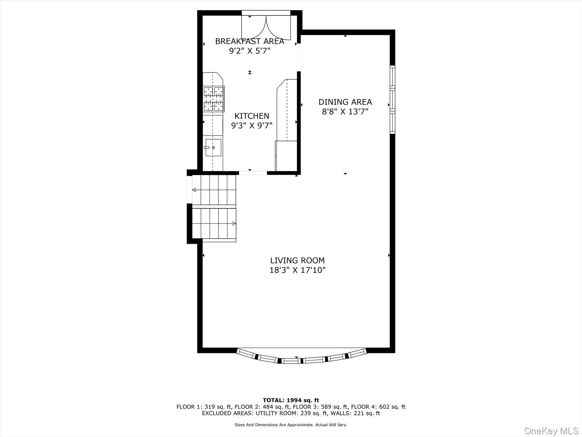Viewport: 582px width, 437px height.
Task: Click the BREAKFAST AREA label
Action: [250, 41]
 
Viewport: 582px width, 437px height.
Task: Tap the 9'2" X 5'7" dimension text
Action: [250, 51]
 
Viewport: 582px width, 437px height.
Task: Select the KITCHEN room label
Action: [252, 116]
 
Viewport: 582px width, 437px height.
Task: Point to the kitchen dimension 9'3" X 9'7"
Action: [252, 125]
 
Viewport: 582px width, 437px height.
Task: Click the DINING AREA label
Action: [345, 102]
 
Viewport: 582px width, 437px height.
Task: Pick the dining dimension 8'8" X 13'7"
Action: [345, 111]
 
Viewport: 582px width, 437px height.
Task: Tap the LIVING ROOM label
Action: [297, 260]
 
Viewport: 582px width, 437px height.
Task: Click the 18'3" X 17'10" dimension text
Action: [297, 270]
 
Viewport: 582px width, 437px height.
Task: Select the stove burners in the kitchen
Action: [214, 99]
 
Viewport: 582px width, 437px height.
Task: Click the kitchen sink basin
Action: [213, 148]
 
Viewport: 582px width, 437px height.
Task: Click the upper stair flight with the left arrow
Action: [214, 190]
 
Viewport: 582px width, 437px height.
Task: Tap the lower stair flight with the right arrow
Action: [214, 224]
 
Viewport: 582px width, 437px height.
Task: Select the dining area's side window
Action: [392, 100]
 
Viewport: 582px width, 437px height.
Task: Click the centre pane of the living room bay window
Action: [291, 361]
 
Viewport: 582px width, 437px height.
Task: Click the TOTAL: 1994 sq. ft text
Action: [291, 400]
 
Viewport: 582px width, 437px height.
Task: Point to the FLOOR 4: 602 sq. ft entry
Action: [378, 407]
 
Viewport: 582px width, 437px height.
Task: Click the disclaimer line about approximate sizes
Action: [291, 425]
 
